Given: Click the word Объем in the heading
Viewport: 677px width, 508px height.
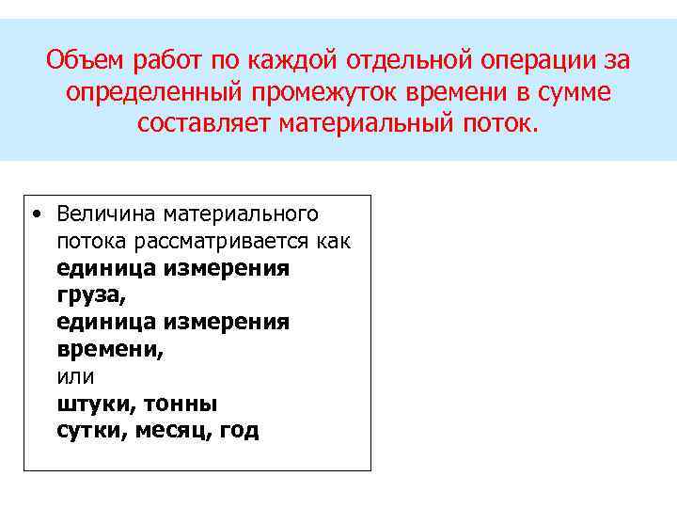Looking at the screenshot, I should (x=87, y=62).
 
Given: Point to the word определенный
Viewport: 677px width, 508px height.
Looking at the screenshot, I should (x=151, y=93).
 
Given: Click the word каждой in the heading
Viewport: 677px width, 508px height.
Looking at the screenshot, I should (x=296, y=62).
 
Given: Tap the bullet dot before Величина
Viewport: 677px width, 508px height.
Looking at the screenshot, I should (x=35, y=214).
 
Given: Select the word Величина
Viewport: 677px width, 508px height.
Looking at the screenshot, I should (x=102, y=214).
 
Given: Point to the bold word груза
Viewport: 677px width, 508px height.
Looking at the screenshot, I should (x=87, y=296).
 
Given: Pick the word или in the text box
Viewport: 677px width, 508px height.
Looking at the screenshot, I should (x=75, y=376).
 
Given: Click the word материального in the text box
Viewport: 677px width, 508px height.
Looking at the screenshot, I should (x=241, y=214).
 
